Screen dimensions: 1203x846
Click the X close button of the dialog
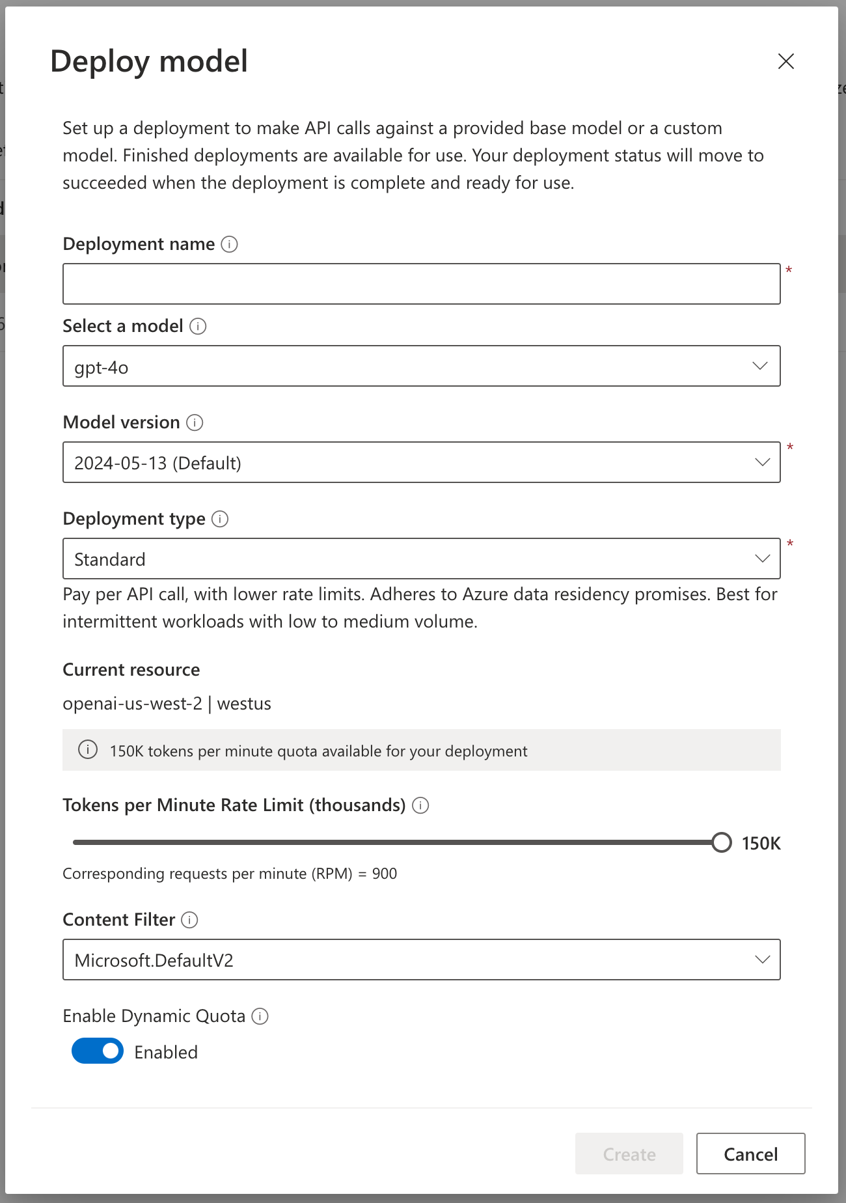coord(786,61)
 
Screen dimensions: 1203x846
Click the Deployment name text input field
coord(421,284)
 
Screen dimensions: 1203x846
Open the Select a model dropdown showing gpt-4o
coord(421,366)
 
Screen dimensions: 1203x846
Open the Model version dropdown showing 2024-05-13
coord(421,462)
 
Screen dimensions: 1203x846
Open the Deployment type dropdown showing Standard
coord(421,559)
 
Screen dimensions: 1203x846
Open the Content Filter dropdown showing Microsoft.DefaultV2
coord(421,960)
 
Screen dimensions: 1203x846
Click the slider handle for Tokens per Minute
coord(721,842)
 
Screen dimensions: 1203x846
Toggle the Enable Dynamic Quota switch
coord(98,1051)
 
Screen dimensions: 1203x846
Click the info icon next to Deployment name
coord(229,244)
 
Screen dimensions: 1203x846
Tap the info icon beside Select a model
coord(198,326)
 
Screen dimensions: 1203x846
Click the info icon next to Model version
coord(195,422)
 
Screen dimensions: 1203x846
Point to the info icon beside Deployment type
coord(220,519)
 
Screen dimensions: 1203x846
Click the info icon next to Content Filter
coord(189,920)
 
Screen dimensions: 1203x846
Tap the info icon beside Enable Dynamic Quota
coord(260,1016)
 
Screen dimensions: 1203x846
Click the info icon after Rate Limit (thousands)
coord(420,805)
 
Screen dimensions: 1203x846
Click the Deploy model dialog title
coord(149,61)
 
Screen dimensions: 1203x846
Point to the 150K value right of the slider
coord(761,844)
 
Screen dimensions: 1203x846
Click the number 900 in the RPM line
coord(385,874)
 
